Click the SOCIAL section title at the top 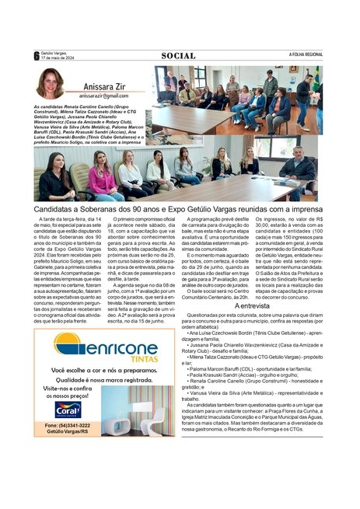[x=179, y=55]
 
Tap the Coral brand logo [x=68, y=408]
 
